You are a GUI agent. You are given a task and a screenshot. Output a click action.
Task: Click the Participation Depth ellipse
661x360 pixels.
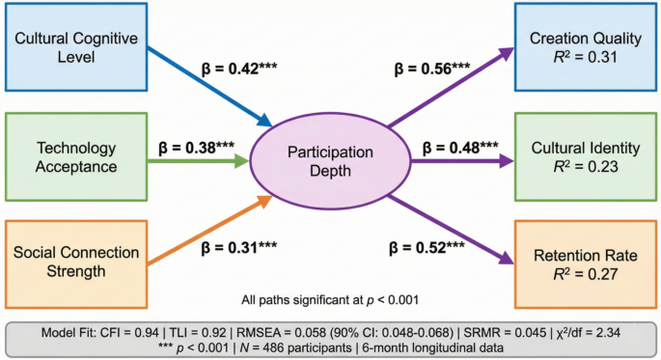tap(317, 159)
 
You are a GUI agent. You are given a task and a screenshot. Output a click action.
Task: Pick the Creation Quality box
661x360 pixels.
tap(586, 49)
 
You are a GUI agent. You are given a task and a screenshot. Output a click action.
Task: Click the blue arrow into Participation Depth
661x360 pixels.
tap(208, 89)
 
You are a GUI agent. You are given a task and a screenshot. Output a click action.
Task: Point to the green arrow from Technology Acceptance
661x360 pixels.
tap(199, 159)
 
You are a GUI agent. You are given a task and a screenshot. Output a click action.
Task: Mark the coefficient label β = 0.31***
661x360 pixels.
tap(240, 247)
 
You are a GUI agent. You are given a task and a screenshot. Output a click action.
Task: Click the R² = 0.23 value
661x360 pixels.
tap(586, 168)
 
